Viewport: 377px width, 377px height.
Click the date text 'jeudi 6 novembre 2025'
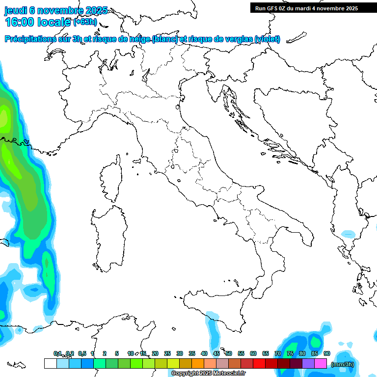tap(56, 11)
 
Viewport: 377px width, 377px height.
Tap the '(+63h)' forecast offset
tap(85, 22)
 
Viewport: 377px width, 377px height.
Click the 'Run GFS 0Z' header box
tap(306, 8)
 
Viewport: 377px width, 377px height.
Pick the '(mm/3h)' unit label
tap(343, 364)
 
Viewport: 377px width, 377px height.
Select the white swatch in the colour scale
tap(50, 363)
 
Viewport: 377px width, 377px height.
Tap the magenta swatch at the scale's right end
tap(321, 363)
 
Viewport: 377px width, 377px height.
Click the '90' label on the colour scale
tap(327, 353)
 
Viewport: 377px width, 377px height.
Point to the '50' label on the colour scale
tap(229, 353)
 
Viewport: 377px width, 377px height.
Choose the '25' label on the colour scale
tap(167, 353)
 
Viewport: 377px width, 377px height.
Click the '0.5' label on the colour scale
tap(82, 353)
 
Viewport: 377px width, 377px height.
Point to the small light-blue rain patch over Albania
tap(349, 234)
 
